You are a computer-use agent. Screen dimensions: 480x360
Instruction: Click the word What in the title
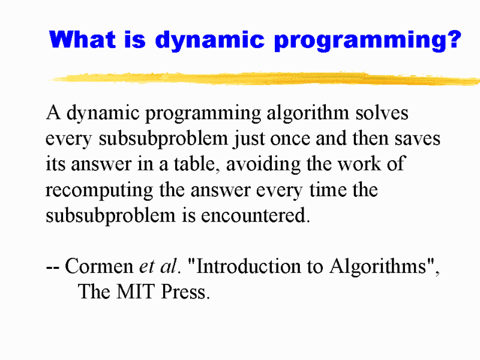[82, 40]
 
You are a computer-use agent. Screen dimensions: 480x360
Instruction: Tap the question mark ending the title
[455, 39]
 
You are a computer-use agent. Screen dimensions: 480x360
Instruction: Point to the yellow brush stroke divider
[264, 79]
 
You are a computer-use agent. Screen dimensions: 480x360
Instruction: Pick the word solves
[382, 113]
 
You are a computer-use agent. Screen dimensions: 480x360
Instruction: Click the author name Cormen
[99, 266]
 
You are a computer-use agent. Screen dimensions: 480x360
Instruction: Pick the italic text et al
[158, 266]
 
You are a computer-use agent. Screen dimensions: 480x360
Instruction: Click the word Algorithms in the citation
[379, 267]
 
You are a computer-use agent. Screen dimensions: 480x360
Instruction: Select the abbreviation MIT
[135, 292]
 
